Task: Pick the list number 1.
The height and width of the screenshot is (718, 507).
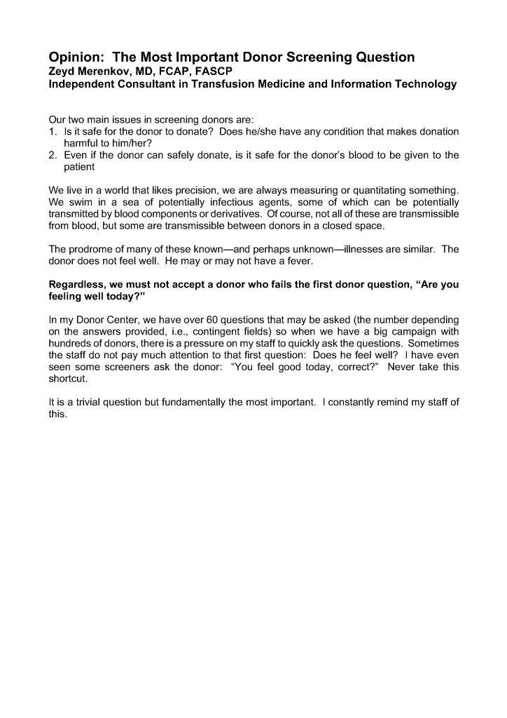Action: pyautogui.click(x=53, y=132)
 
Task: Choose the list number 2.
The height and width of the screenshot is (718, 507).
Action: pyautogui.click(x=53, y=155)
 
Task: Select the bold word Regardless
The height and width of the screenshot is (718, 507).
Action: pyautogui.click(x=80, y=285)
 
